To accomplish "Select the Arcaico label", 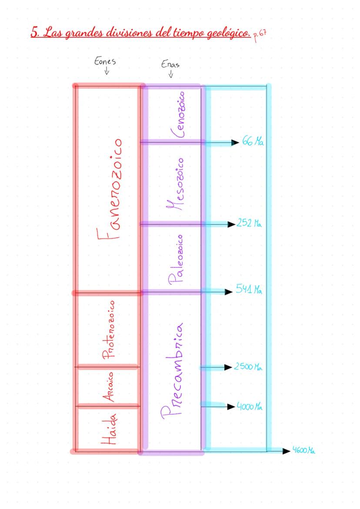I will (x=109, y=387).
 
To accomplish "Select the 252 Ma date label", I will (x=249, y=224).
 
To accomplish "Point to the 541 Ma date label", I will (x=249, y=289).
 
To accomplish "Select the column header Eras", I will (x=170, y=65).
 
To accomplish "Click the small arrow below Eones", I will (x=107, y=72).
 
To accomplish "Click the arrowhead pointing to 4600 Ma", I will (x=286, y=451).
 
